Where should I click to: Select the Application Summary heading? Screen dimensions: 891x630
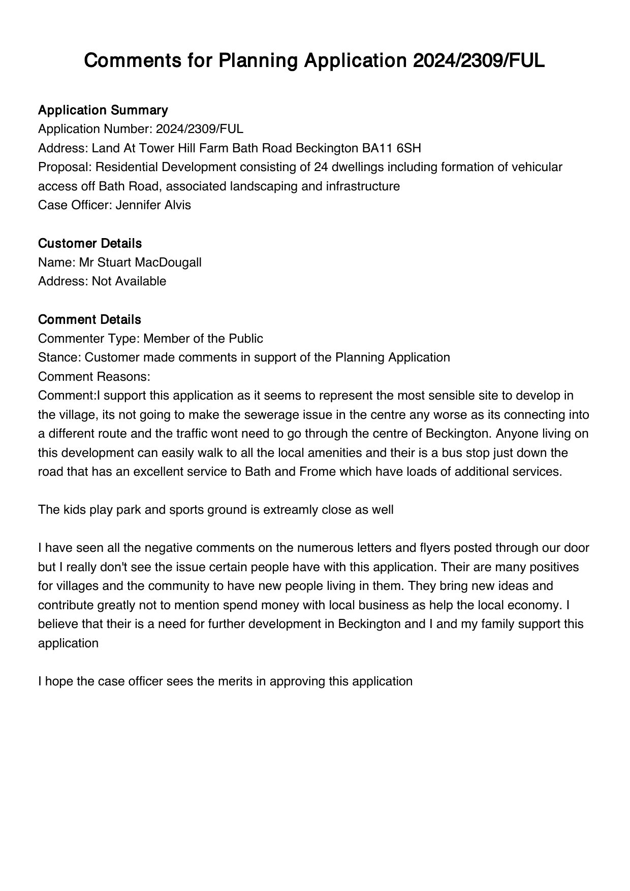[x=103, y=110]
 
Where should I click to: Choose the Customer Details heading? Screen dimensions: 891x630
[x=89, y=244]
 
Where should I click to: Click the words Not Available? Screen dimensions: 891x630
[x=129, y=281]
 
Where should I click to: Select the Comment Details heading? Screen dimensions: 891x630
[x=89, y=320]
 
